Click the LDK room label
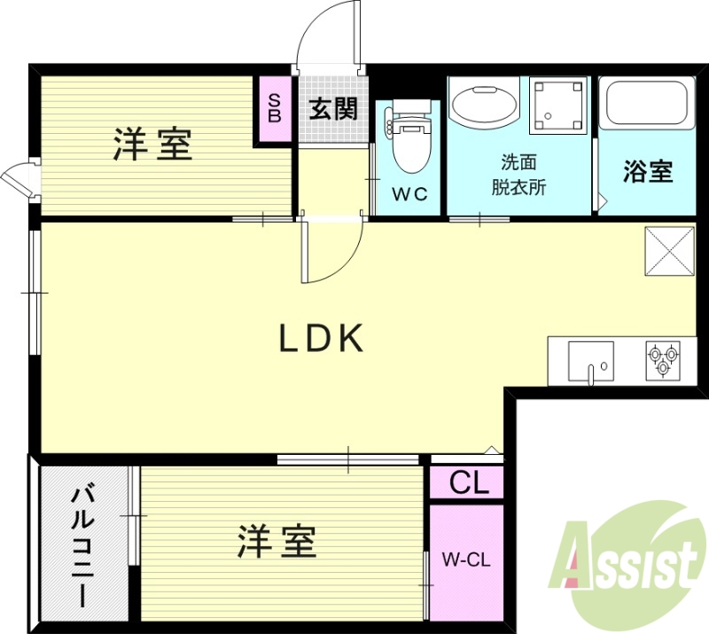tap(323, 338)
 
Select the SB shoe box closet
tap(274, 108)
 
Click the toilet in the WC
tap(409, 142)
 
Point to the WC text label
tap(409, 193)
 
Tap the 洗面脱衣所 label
tap(518, 175)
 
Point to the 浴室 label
tap(648, 172)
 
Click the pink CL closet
tap(467, 483)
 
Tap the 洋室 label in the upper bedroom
tap(152, 145)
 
